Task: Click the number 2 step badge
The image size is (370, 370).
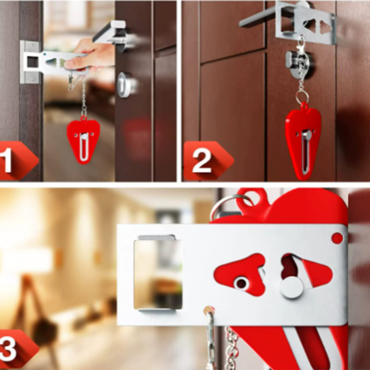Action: [x=208, y=160]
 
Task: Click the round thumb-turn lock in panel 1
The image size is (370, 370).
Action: [x=126, y=85]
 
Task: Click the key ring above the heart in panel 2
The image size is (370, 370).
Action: [x=302, y=97]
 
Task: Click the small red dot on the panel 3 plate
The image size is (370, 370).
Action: [x=337, y=238]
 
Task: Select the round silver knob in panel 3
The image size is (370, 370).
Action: [x=292, y=288]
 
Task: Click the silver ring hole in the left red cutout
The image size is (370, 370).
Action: [x=241, y=283]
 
